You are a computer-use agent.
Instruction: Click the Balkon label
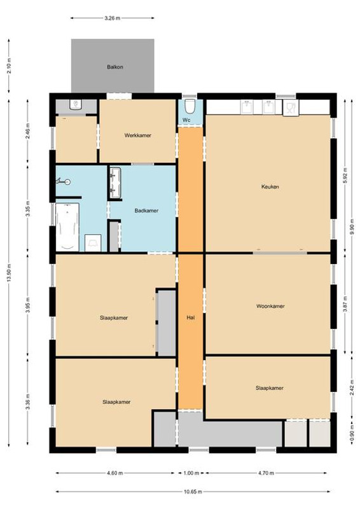pos(115,67)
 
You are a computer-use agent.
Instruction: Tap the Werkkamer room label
pos(137,136)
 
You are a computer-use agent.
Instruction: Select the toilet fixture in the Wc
pos(190,106)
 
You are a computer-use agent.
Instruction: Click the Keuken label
pos(270,186)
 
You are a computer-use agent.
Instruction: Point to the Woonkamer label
pos(270,306)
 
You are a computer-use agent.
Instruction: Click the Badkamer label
pos(146,211)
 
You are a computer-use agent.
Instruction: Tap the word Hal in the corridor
pos(191,317)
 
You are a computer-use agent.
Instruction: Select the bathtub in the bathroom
pos(67,227)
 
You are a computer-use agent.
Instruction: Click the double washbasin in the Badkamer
pos(115,183)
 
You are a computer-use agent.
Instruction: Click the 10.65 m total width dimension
pos(193,491)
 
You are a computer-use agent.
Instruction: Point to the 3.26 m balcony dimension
pos(113,18)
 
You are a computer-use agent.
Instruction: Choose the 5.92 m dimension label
pos(345,176)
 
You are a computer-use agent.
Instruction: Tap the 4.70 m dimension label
pos(267,473)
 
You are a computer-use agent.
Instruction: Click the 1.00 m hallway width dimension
pos(191,473)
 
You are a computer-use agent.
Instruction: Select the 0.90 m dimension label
pos(352,433)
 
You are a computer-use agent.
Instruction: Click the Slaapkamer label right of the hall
pos(270,388)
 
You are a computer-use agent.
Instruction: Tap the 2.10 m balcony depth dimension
pos(9,66)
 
